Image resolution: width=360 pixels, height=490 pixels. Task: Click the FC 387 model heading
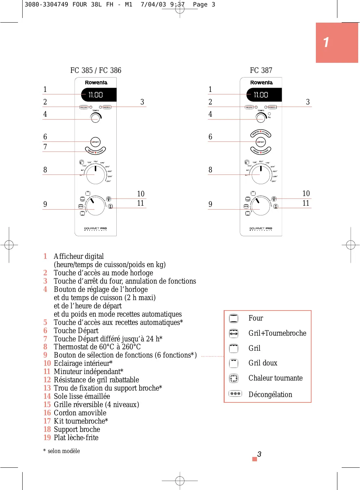pos(261,70)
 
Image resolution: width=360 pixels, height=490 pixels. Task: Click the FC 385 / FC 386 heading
pos(96,70)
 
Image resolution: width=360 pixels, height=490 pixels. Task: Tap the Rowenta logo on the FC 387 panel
pos(261,83)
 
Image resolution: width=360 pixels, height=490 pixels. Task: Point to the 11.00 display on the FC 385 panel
pos(96,95)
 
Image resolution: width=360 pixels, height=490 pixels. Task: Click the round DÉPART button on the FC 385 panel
pos(95,142)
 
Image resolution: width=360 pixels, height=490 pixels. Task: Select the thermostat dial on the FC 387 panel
pos(261,174)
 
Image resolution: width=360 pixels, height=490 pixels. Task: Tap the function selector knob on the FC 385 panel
pos(96,206)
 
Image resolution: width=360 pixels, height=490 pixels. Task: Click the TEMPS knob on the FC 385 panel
pos(95,118)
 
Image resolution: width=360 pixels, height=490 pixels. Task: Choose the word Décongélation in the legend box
pos(270,395)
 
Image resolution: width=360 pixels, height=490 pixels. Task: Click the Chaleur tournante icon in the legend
pos(234,378)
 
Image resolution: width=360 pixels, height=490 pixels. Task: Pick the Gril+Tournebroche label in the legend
pos(277,333)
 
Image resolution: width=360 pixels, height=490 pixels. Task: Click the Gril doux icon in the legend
pos(234,363)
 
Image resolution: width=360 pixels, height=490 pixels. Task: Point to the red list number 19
pos(47,438)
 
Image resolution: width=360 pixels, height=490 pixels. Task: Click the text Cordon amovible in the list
pos(80,413)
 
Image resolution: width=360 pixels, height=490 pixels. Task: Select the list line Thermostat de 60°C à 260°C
pos(97,347)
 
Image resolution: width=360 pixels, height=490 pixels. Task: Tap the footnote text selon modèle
pos(64,451)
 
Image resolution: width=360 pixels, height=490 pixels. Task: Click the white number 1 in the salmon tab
pos(326,42)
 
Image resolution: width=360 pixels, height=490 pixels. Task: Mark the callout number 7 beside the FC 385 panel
pos(45,147)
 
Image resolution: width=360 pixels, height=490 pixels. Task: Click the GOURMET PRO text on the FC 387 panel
pos(261,228)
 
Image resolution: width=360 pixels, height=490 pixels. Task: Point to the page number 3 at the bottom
pos(259,454)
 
